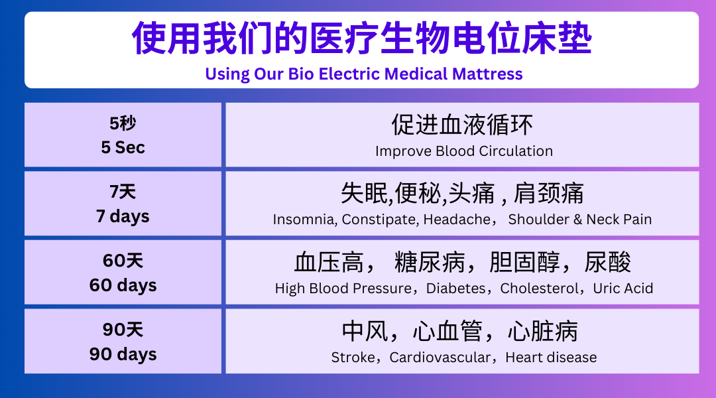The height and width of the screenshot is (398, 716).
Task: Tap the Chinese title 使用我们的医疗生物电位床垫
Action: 362,38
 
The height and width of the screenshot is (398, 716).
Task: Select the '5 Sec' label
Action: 123,148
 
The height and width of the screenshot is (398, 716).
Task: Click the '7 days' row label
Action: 123,216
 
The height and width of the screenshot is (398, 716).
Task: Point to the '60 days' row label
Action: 123,285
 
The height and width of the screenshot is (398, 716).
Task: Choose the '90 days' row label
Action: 123,354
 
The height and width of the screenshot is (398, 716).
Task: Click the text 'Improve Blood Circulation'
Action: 464,151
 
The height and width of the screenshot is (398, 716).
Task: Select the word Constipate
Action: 380,220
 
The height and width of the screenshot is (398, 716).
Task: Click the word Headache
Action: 457,220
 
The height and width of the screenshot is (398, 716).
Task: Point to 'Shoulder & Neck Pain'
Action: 580,220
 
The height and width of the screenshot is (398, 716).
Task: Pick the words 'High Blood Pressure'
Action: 343,289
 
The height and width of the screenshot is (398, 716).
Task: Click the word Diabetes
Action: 455,289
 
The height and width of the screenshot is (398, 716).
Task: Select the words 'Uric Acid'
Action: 623,289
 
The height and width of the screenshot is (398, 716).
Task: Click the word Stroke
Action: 353,358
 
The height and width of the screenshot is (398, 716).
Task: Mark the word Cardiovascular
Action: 440,358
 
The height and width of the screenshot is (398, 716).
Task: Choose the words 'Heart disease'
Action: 551,358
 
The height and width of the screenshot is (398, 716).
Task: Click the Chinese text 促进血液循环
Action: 462,125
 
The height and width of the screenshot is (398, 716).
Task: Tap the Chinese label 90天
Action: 123,330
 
